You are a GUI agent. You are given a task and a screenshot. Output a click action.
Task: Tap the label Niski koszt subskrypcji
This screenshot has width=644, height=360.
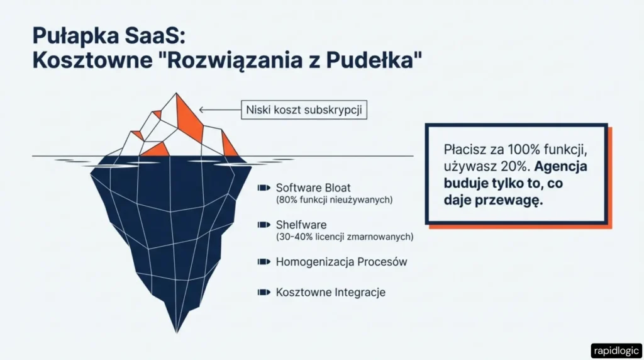tap(304, 110)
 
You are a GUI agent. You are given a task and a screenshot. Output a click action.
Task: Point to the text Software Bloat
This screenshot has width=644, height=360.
tap(313, 188)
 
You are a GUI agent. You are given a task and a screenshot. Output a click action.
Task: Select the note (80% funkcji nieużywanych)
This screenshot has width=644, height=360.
tap(335, 200)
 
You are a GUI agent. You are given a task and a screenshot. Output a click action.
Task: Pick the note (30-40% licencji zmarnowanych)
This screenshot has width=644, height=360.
tap(345, 237)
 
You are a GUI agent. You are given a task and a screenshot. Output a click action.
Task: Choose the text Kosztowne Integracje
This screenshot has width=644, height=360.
tap(330, 292)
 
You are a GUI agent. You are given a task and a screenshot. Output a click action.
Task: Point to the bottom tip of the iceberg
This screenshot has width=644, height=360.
tap(175, 332)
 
